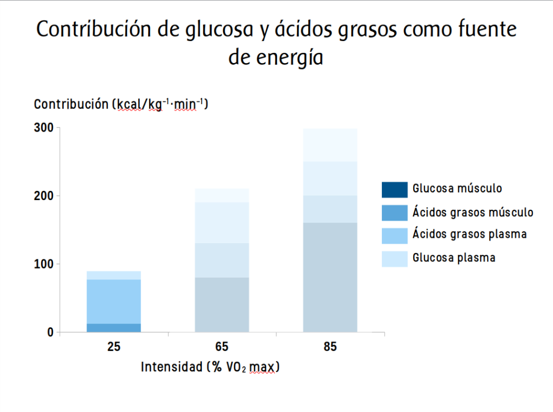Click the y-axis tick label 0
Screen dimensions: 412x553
click(x=50, y=332)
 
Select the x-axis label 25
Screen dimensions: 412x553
click(x=113, y=347)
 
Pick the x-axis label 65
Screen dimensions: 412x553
click(x=222, y=347)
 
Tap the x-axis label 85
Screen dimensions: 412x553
click(x=330, y=347)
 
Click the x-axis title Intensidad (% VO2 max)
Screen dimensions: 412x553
click(x=211, y=367)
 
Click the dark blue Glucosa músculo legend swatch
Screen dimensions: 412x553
click(x=394, y=190)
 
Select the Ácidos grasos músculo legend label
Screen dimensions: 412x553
click(x=473, y=212)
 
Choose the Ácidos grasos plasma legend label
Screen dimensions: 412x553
click(x=469, y=235)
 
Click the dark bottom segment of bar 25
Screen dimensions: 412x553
click(x=113, y=327)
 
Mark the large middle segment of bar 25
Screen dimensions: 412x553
click(x=113, y=301)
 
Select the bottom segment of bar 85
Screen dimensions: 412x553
click(x=330, y=277)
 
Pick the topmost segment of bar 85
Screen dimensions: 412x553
click(x=330, y=145)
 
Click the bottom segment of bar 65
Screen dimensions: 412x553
click(x=222, y=305)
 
